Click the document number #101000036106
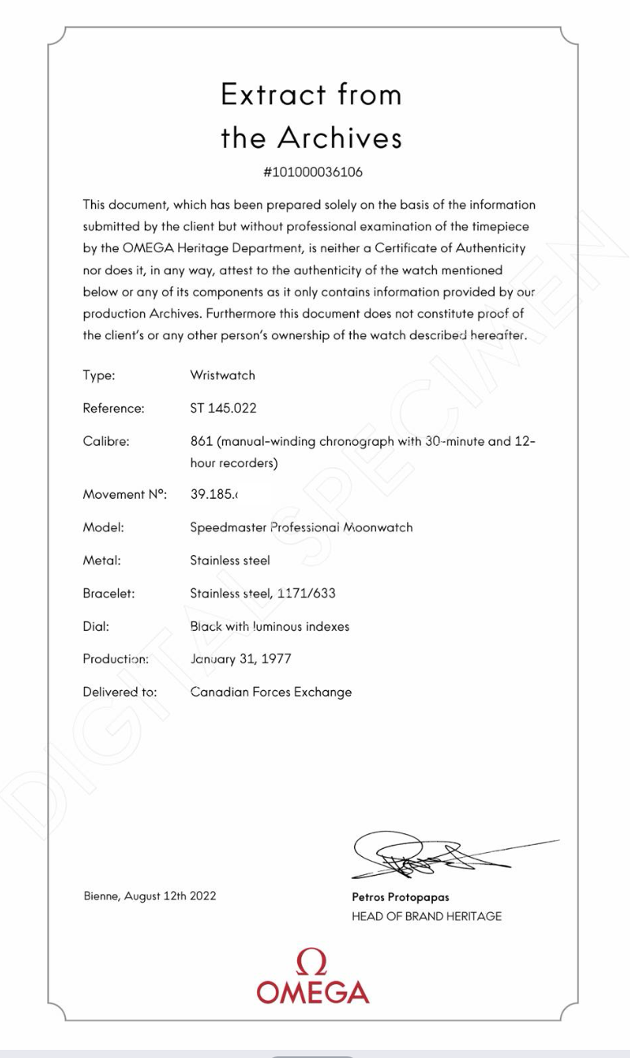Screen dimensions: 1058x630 (x=313, y=172)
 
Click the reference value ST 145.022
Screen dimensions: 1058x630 (x=221, y=409)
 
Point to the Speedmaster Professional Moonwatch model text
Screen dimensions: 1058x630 (x=301, y=527)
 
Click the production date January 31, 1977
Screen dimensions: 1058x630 (x=240, y=659)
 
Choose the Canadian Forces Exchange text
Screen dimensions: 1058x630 (x=270, y=693)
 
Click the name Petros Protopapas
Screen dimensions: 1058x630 (x=400, y=898)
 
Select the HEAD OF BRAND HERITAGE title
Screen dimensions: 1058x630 (x=427, y=916)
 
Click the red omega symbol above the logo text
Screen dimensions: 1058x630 (x=313, y=962)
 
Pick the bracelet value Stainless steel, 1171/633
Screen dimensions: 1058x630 (x=262, y=593)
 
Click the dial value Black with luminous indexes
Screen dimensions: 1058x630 (x=269, y=627)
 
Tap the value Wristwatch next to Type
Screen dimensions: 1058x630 (x=222, y=375)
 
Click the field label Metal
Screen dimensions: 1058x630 (x=98, y=560)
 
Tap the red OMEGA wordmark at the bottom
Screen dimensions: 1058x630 (x=313, y=992)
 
